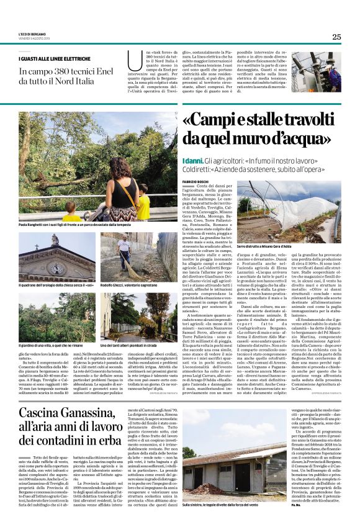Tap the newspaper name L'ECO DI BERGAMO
(x=30, y=35)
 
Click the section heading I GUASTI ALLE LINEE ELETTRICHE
(x=47, y=59)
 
